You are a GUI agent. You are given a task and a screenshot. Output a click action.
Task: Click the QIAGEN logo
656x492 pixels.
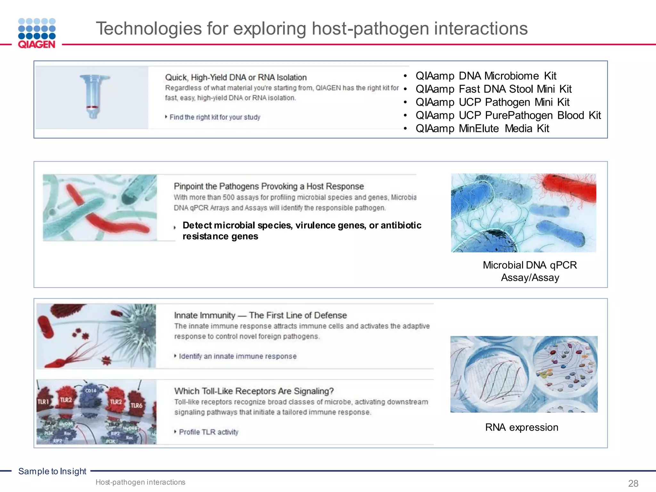click(37, 33)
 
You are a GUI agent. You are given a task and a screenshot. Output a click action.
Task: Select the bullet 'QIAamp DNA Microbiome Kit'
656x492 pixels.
click(486, 76)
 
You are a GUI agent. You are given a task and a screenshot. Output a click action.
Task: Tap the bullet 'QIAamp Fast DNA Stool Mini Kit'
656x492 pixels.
click(493, 89)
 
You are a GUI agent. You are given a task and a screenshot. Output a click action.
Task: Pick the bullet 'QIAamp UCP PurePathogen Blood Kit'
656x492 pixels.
click(508, 115)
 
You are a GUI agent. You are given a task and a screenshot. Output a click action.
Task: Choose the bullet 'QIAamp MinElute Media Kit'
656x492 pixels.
click(482, 128)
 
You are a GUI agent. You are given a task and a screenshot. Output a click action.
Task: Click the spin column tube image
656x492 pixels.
click(93, 96)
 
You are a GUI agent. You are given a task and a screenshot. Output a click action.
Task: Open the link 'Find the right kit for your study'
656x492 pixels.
click(215, 117)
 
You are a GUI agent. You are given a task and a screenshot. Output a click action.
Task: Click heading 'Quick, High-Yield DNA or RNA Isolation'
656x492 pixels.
click(236, 78)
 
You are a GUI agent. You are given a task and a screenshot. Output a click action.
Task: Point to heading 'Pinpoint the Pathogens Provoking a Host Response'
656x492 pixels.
click(269, 186)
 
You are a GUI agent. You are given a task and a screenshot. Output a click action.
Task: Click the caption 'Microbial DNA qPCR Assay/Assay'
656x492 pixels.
click(530, 271)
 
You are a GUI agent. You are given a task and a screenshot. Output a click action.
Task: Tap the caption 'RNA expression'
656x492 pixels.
click(521, 427)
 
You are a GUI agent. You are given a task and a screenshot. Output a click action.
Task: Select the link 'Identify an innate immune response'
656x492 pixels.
click(237, 356)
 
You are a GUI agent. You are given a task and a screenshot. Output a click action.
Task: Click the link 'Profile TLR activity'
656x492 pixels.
click(209, 432)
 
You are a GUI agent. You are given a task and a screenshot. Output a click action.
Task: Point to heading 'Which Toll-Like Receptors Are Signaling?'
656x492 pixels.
click(254, 391)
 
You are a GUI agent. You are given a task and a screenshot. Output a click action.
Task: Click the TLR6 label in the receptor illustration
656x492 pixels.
click(136, 406)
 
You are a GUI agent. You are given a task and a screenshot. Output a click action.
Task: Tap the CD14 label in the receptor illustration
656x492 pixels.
click(91, 390)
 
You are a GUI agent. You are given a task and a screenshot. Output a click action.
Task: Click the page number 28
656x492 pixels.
click(633, 483)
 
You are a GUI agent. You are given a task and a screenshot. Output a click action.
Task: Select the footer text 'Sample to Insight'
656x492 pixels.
click(52, 471)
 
